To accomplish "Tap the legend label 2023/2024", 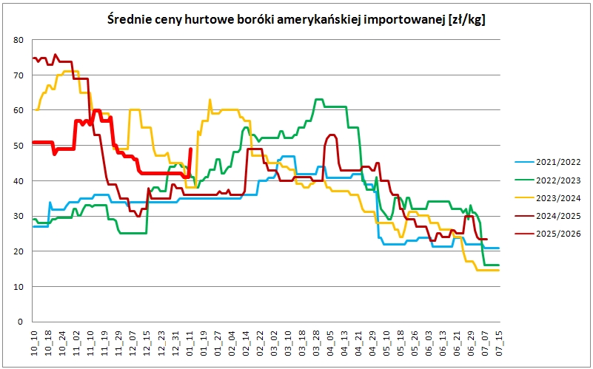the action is [x=558, y=198].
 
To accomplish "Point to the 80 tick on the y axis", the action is [x=19, y=40].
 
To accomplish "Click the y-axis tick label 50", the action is [x=19, y=146].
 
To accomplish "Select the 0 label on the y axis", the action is [x=21, y=322].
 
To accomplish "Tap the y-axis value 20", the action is [x=19, y=251].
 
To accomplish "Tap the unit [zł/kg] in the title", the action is [x=466, y=20].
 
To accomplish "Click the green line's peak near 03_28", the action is [x=318, y=99].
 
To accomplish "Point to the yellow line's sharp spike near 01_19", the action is [x=210, y=99].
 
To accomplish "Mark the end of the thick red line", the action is [x=190, y=149].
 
